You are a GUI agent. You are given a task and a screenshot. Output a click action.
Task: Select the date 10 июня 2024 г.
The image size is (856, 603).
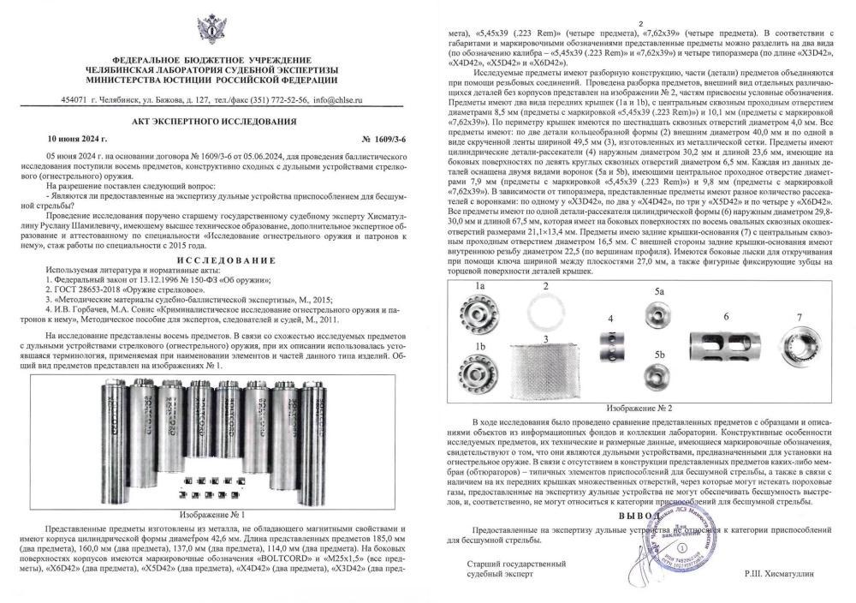(76, 137)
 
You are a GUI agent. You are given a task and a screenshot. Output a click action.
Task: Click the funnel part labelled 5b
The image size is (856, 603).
(659, 378)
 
